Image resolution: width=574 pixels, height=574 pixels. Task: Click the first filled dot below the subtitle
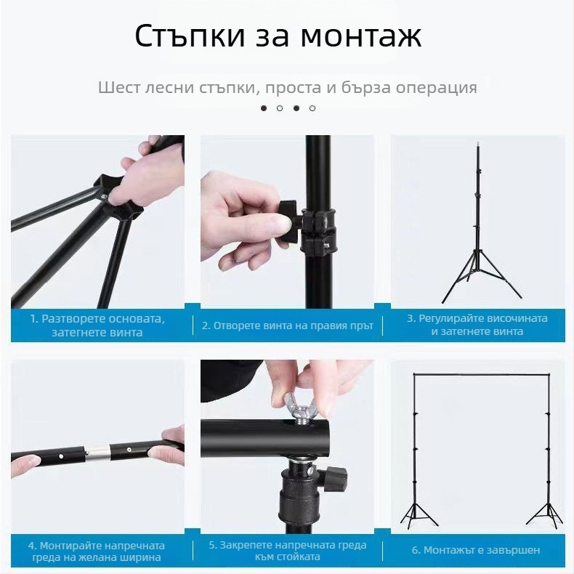(264, 108)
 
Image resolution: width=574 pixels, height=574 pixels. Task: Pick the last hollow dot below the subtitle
(312, 108)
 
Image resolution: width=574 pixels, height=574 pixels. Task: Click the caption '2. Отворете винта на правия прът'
(288, 326)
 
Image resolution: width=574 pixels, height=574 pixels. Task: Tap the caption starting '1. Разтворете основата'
(97, 326)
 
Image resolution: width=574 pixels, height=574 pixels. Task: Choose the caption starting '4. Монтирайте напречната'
(97, 551)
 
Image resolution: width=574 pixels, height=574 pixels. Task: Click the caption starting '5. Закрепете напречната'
(288, 551)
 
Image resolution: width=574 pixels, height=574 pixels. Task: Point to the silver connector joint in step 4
(100, 454)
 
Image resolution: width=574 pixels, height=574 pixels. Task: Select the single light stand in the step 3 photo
(478, 225)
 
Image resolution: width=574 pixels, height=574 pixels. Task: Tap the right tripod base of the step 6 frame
(544, 512)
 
